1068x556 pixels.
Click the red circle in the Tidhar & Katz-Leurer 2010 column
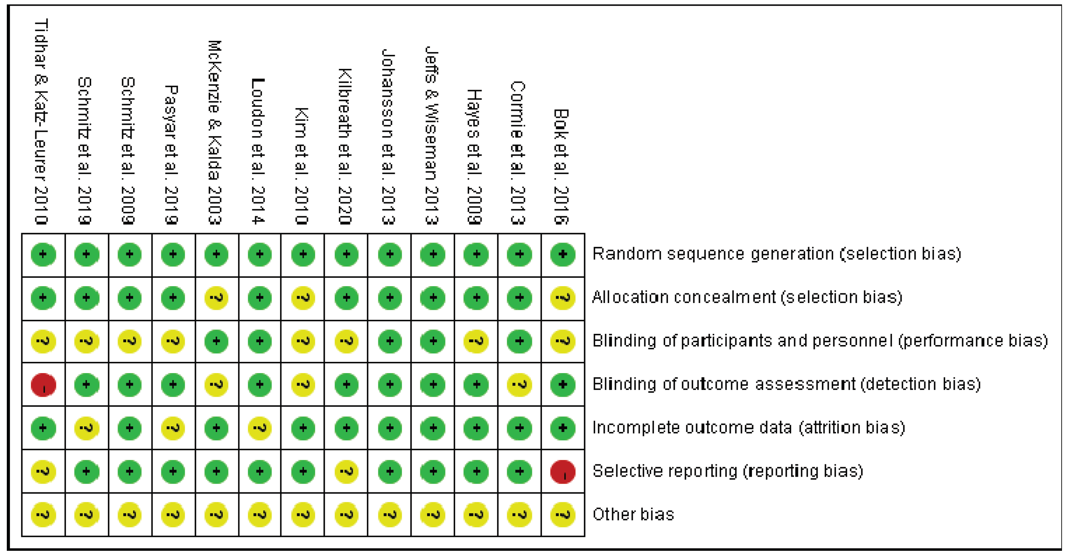43,385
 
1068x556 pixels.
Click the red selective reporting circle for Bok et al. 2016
563,472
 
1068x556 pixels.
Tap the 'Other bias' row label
633,514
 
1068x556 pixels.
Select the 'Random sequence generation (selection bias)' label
776,253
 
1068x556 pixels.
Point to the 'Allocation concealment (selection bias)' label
747,297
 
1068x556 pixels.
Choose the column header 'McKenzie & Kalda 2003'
215,133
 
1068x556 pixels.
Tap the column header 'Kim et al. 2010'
302,166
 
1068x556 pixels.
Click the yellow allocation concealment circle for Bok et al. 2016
563,298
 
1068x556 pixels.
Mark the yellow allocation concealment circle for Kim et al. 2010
303,298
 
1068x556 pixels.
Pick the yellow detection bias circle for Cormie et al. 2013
520,385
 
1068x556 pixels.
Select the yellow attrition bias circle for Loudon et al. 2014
260,428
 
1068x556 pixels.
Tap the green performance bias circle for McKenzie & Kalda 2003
216,341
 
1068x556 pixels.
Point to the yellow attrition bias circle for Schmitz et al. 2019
87,428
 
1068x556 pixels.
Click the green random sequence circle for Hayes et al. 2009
476,254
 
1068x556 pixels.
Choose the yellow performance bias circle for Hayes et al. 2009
476,341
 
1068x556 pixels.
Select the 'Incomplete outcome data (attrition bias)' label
748,428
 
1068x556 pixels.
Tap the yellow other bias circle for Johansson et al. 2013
390,515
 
